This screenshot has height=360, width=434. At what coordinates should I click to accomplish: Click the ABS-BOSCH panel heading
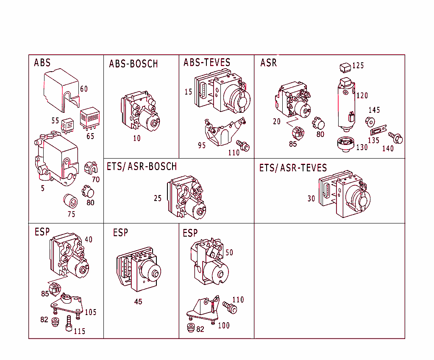pyautogui.click(x=134, y=64)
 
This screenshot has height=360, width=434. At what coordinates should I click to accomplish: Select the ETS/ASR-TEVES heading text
pyautogui.click(x=293, y=168)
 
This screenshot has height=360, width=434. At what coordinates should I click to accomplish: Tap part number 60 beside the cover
pyautogui.click(x=84, y=89)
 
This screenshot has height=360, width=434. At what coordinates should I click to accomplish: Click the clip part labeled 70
pyautogui.click(x=89, y=168)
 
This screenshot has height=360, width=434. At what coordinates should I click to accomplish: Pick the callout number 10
pyautogui.click(x=136, y=138)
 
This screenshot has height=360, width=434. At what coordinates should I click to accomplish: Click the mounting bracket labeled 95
pyautogui.click(x=223, y=131)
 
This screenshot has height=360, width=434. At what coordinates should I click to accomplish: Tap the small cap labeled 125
pyautogui.click(x=345, y=67)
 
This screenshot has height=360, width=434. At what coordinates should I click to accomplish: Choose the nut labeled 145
pyautogui.click(x=370, y=122)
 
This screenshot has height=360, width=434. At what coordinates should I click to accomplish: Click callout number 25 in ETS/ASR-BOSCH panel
pyautogui.click(x=158, y=198)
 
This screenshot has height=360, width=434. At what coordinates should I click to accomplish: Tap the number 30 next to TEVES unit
pyautogui.click(x=312, y=198)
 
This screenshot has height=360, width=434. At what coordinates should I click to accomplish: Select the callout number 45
pyautogui.click(x=138, y=302)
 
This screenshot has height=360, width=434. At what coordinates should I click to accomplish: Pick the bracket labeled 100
pyautogui.click(x=204, y=310)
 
